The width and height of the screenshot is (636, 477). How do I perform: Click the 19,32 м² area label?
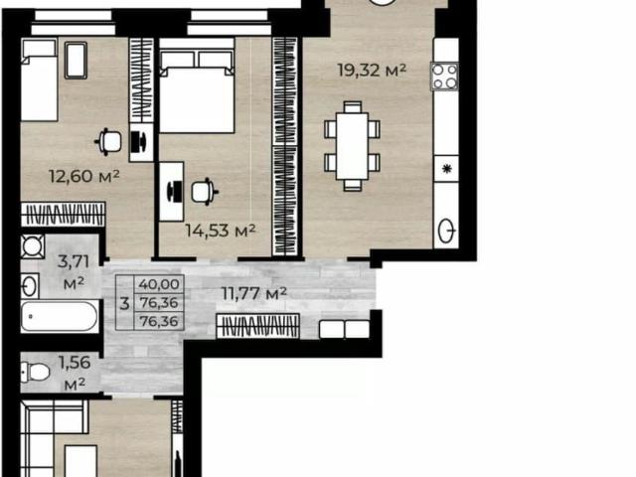[372, 71]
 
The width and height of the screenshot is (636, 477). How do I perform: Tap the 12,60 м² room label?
[83, 176]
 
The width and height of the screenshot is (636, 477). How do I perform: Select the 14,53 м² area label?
[221, 231]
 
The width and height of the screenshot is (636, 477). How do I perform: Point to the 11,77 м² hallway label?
[254, 293]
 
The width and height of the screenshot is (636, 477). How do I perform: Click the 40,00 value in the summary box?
[159, 284]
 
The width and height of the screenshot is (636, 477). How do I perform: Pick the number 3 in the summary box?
[125, 303]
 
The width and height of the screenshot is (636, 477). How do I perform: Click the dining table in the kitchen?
[352, 146]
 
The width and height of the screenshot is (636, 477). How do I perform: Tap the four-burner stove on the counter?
[445, 77]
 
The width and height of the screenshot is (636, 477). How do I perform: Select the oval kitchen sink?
[447, 231]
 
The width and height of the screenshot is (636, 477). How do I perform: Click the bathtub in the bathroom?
[60, 316]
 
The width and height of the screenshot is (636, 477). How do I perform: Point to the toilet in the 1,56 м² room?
[36, 372]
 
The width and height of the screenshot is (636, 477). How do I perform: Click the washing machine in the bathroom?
[33, 246]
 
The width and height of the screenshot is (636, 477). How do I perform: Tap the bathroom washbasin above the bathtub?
[30, 286]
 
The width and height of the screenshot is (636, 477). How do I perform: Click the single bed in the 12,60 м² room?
[39, 79]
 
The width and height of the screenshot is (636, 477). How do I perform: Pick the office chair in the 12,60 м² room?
[108, 141]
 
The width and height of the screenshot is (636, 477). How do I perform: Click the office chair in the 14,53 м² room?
[205, 192]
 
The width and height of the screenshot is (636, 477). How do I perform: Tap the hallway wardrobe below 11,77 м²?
[258, 326]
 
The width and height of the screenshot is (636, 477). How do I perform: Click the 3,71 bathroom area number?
[74, 261]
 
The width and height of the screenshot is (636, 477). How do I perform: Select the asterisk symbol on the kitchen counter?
[446, 168]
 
